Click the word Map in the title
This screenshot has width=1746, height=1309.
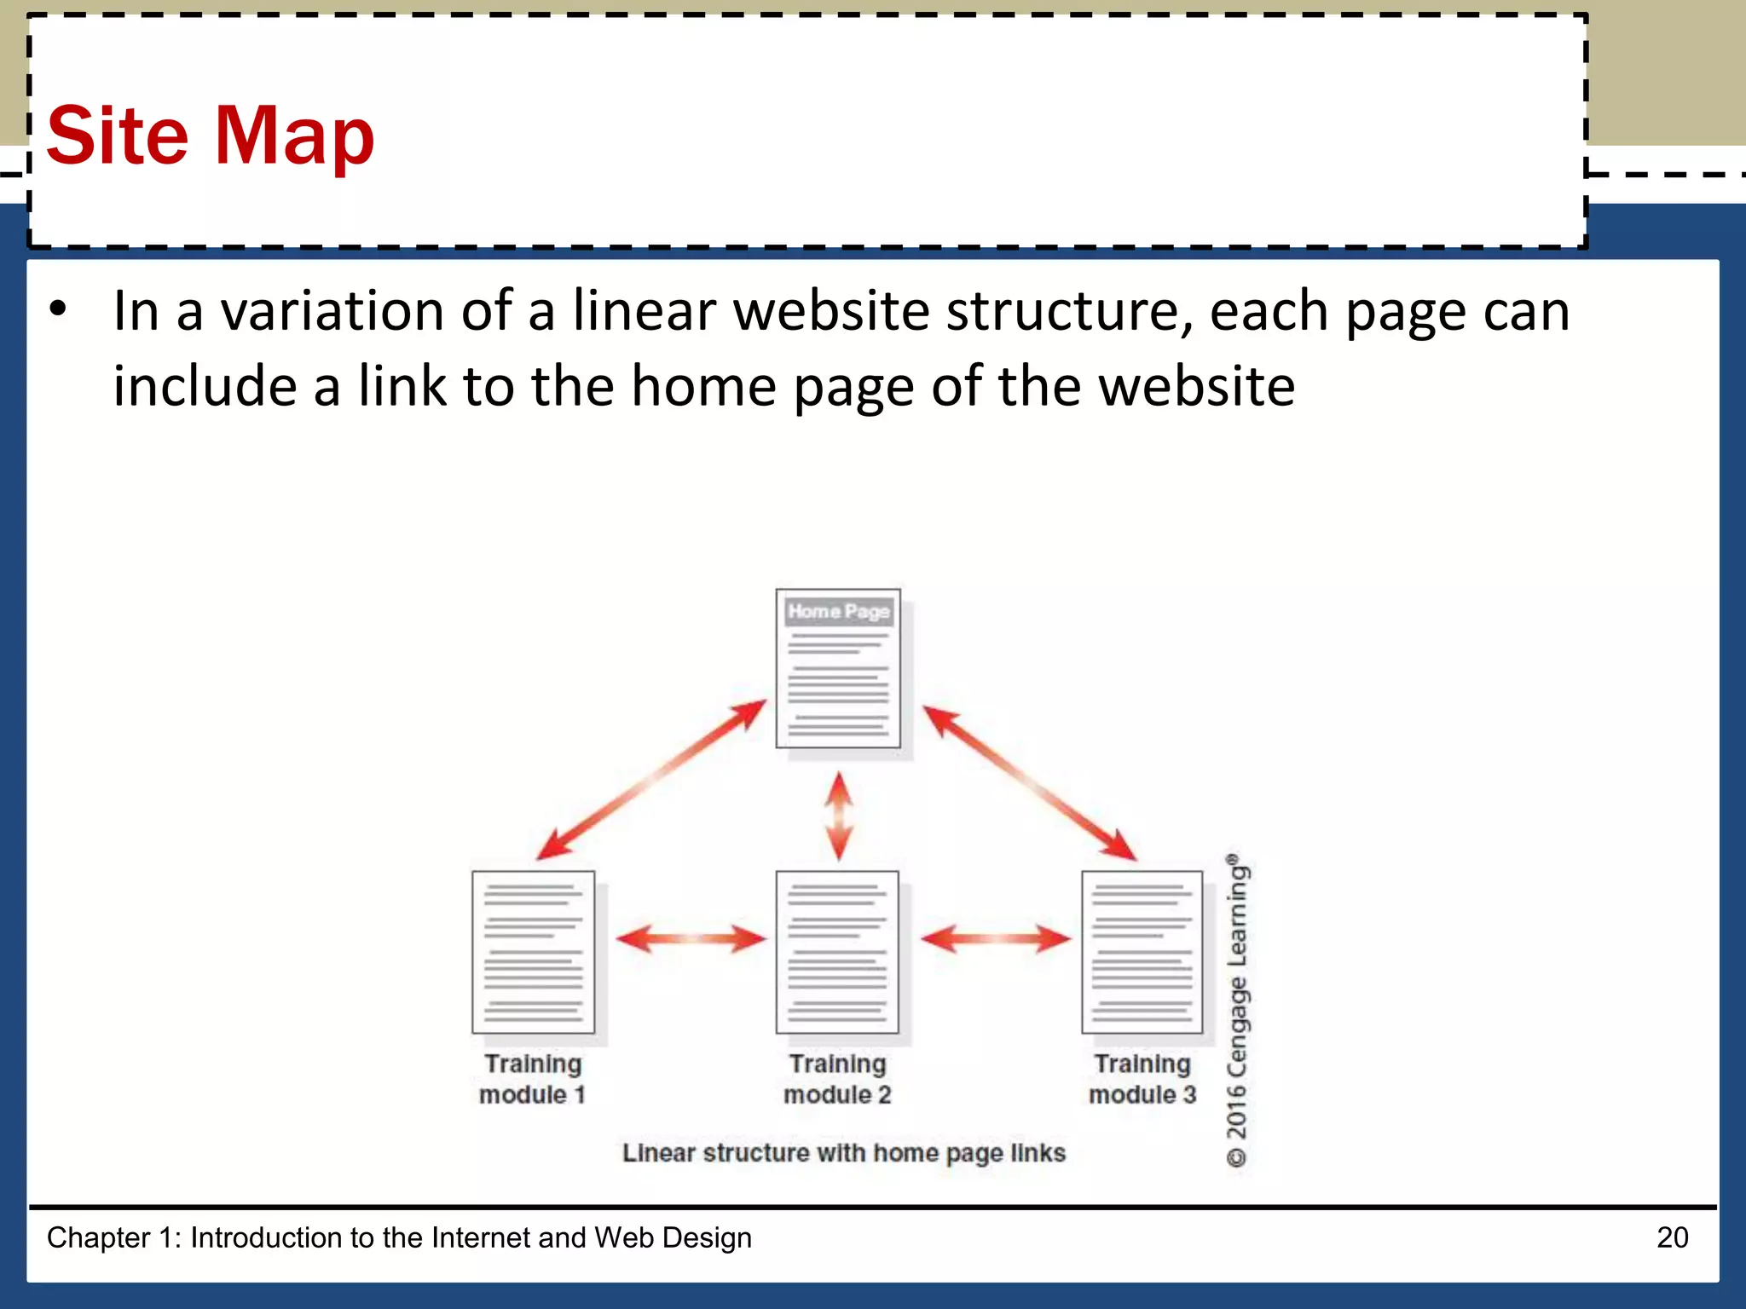tap(294, 136)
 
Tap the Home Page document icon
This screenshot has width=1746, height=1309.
tap(838, 668)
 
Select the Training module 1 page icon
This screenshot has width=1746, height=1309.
tap(533, 952)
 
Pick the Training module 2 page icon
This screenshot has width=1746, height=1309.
tap(837, 952)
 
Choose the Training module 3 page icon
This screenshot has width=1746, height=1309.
tap(1142, 952)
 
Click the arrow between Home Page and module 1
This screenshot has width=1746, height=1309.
tap(652, 779)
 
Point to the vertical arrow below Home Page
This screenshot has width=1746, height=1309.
tap(840, 816)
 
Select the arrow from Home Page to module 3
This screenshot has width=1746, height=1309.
tap(1029, 781)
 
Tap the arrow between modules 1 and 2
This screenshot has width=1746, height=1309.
tap(691, 939)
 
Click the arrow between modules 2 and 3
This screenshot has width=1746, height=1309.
tap(996, 939)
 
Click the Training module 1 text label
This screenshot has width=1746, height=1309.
tap(533, 1079)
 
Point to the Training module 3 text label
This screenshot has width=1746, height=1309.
tap(1142, 1079)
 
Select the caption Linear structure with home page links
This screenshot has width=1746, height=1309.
tap(843, 1153)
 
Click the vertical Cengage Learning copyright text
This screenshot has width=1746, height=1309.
tap(1237, 1010)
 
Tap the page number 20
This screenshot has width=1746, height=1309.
tap(1672, 1237)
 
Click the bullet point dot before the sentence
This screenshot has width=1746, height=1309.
tap(57, 309)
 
